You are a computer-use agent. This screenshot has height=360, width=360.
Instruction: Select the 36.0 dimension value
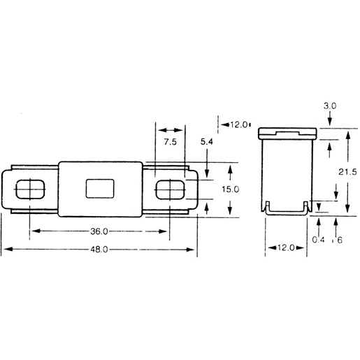pyautogui.click(x=99, y=231)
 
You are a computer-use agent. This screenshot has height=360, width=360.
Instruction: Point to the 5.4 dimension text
pyautogui.click(x=207, y=143)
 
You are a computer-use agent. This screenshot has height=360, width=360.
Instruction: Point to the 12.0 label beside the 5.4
pyautogui.click(x=238, y=124)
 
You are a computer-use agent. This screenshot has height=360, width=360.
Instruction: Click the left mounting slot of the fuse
pyautogui.click(x=30, y=189)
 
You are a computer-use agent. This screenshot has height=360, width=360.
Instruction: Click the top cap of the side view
pyautogui.click(x=287, y=132)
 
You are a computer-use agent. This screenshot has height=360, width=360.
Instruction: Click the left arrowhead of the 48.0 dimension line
pyautogui.click(x=4, y=250)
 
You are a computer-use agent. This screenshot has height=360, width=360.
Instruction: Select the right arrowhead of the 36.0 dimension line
pyautogui.click(x=168, y=231)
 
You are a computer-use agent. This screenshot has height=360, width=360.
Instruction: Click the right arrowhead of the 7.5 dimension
pyautogui.click(x=183, y=130)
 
